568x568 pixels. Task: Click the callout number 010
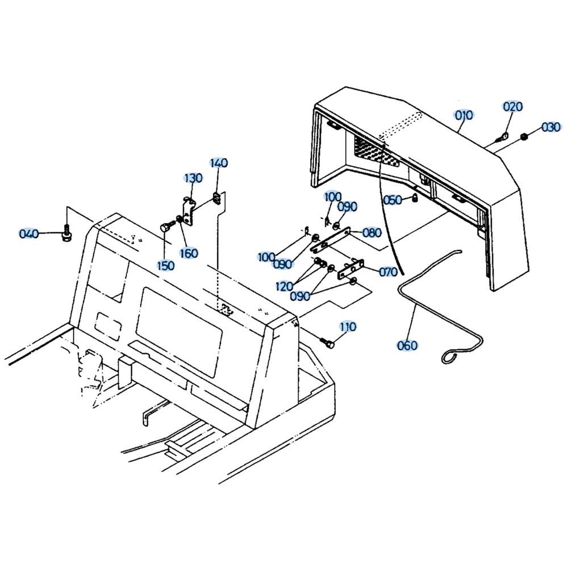[464, 115]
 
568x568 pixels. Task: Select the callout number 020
[513, 107]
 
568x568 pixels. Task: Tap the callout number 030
[552, 127]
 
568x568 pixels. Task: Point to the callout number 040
[29, 233]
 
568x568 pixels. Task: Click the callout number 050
[393, 200]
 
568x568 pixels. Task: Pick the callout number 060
[407, 345]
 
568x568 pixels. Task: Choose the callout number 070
[389, 272]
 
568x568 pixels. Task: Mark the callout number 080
[372, 232]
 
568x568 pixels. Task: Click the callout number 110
[348, 327]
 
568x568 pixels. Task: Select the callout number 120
[285, 286]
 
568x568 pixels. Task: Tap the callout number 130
[194, 178]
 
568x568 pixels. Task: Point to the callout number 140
[219, 163]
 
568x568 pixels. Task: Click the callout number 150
[165, 265]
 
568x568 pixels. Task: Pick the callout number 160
[189, 253]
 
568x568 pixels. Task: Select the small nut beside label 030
[523, 136]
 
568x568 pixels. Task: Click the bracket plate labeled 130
[187, 211]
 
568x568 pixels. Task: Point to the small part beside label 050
[415, 198]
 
